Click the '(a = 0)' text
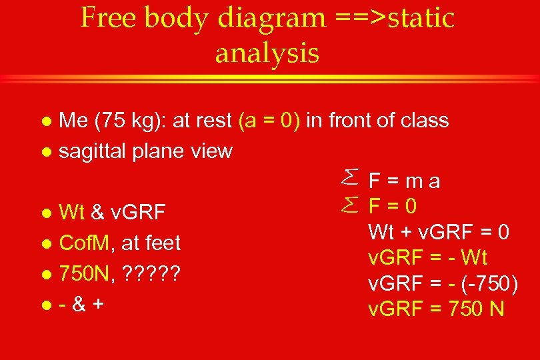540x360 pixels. point(269,121)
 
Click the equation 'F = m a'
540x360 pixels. point(405,181)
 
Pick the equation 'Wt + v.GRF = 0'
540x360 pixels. point(439,232)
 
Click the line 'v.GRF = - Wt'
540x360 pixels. point(427,257)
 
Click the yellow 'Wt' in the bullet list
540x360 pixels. point(71,213)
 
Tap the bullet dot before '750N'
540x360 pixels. point(45,274)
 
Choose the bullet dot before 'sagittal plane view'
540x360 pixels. point(45,152)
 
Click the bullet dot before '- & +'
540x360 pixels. point(45,305)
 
